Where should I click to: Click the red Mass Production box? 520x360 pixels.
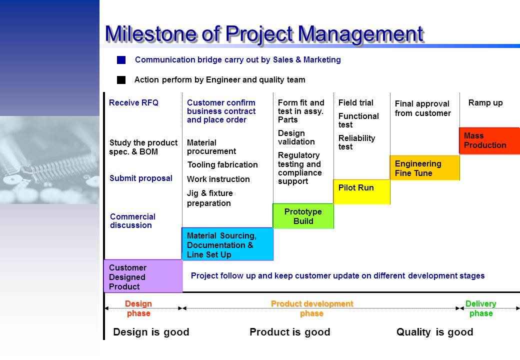tap(489, 141)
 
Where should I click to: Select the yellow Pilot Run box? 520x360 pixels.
tap(362, 192)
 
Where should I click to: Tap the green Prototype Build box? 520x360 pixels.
tap(303, 216)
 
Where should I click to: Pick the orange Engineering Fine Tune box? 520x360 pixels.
tap(425, 167)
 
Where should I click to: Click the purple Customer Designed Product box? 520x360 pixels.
tap(143, 276)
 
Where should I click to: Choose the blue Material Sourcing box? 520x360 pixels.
tap(227, 244)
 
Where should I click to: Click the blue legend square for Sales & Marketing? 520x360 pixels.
tap(121, 60)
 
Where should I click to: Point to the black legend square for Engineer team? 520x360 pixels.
tap(121, 80)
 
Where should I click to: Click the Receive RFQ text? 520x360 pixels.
tap(133, 103)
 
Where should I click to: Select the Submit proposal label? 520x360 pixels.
tap(141, 178)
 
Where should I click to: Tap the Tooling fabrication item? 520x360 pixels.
tap(222, 165)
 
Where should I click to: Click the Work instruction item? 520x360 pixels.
tap(218, 179)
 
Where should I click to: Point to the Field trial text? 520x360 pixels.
tap(356, 103)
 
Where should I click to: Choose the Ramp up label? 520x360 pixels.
tap(485, 103)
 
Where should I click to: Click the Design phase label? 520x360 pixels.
tap(138, 308)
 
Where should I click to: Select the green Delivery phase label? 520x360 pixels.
tap(481, 308)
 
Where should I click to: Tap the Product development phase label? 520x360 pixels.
tap(312, 308)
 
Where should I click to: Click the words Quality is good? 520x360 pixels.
tap(435, 332)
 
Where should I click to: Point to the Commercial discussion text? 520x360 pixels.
tap(132, 221)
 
